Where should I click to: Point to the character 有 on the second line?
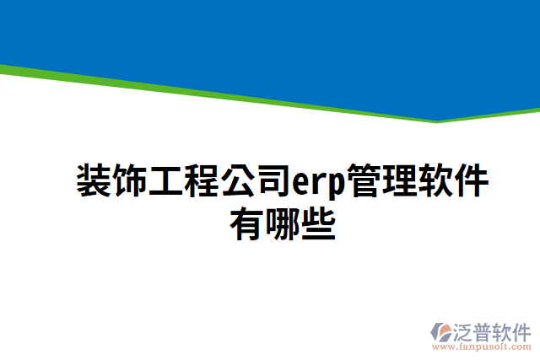246,223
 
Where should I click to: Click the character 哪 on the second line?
282,223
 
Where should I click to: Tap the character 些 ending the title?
318,223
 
